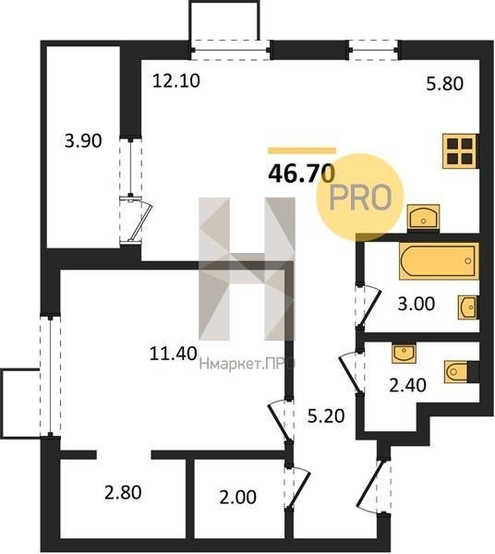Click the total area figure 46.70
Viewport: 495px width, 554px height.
(301, 174)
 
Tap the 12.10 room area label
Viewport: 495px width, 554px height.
(176, 80)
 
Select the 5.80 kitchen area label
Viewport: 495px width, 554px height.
(444, 84)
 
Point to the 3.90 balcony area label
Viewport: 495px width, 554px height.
(83, 140)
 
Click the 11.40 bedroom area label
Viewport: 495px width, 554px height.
(173, 354)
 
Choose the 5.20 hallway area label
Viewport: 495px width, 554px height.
(326, 415)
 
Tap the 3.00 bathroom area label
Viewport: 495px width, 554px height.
(417, 304)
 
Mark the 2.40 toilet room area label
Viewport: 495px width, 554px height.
(407, 385)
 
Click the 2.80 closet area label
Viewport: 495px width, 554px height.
(123, 492)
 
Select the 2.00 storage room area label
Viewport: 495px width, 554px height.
(237, 497)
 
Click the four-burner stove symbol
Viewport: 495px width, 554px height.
(461, 151)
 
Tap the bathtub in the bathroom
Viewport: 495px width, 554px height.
(440, 260)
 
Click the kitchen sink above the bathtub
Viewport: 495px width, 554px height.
(423, 216)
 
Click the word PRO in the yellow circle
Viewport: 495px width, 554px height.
(360, 198)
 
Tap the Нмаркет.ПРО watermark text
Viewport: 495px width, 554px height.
(247, 364)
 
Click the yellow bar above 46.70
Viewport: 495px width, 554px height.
(302, 151)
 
